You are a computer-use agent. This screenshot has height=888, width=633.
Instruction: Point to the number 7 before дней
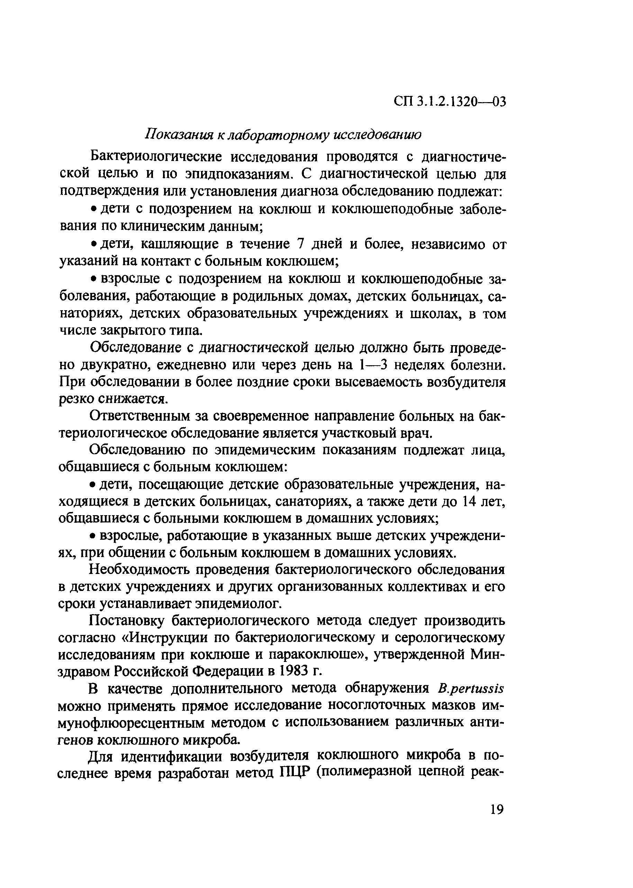(x=300, y=244)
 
